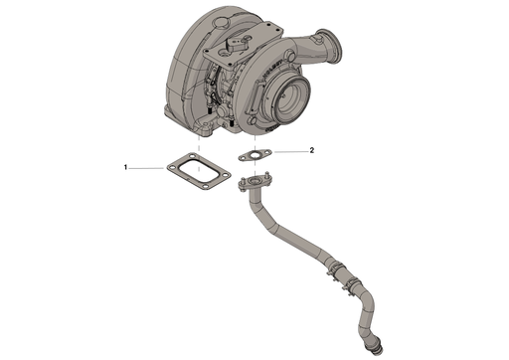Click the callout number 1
(x=125, y=169)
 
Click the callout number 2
(x=312, y=150)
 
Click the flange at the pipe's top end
(x=256, y=182)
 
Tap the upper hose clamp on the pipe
(x=330, y=266)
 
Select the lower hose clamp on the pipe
(x=351, y=289)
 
